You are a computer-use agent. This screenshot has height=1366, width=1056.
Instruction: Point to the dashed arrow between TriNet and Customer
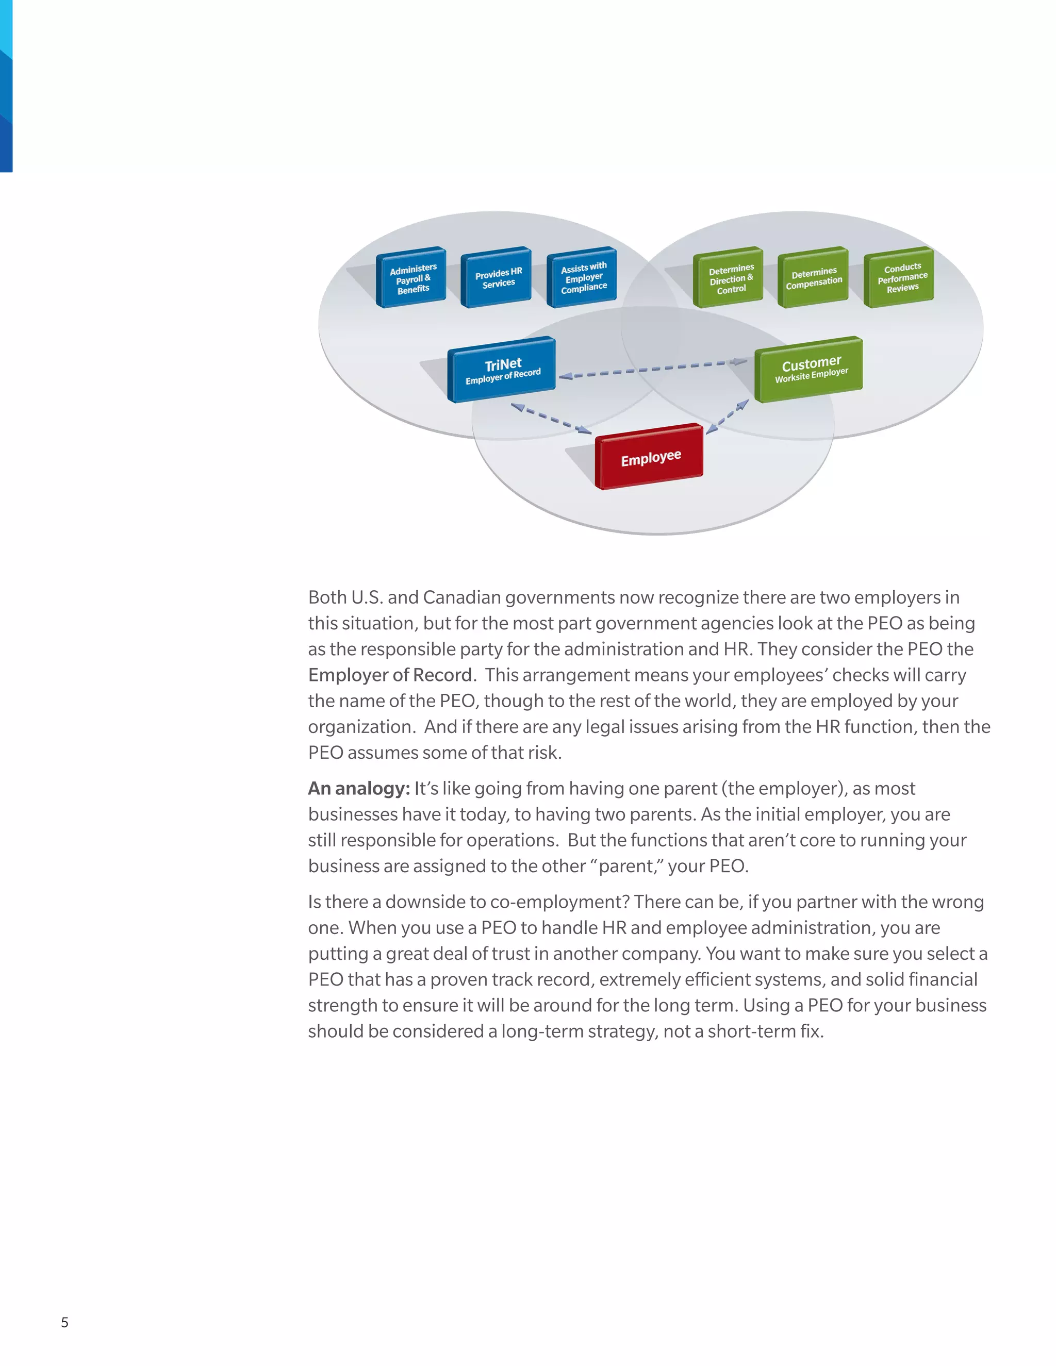tap(652, 369)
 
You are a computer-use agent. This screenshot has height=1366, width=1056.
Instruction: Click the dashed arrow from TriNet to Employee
tap(551, 418)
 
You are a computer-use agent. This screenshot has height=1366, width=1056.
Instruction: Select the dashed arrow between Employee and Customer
tap(727, 417)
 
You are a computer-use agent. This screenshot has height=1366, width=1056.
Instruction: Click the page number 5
tap(64, 1322)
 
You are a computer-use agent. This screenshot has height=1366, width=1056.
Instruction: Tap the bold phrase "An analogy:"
tap(358, 788)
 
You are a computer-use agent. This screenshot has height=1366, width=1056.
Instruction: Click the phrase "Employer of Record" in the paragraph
tap(390, 675)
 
